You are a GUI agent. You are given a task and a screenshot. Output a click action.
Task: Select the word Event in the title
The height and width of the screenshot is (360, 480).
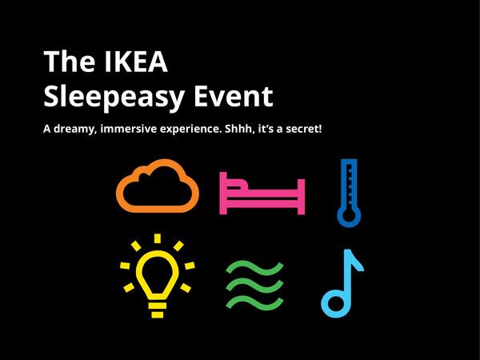233,96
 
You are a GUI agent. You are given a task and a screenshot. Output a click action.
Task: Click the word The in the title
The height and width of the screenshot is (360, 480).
64,62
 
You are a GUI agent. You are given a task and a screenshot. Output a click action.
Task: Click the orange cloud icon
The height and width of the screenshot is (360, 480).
158,186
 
